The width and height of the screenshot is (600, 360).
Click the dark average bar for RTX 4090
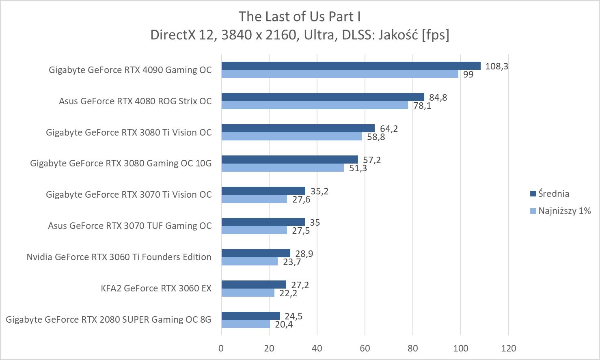[351, 66]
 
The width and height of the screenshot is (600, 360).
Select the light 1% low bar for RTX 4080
[315, 105]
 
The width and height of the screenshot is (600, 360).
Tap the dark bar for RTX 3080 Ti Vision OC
[298, 128]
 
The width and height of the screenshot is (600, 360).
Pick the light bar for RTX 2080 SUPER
[246, 324]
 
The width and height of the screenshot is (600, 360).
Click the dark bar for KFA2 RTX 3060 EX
[254, 285]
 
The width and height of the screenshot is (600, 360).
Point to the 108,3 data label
[496, 66]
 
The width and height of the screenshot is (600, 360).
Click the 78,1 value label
[422, 106]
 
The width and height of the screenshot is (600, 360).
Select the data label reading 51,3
[358, 168]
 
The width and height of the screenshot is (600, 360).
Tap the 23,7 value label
[292, 262]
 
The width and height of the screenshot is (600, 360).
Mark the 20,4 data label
[283, 324]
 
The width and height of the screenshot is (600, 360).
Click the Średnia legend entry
[553, 194]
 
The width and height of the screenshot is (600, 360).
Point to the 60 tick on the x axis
[365, 348]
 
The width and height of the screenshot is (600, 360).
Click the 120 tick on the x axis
[508, 348]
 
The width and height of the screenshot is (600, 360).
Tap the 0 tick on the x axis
[221, 348]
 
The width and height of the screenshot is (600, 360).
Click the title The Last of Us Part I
[300, 16]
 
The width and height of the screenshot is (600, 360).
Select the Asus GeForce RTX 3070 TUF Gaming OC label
[129, 226]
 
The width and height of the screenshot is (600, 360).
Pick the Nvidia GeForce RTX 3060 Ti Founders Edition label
[119, 257]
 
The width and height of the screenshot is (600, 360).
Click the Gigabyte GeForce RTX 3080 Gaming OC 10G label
[121, 163]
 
